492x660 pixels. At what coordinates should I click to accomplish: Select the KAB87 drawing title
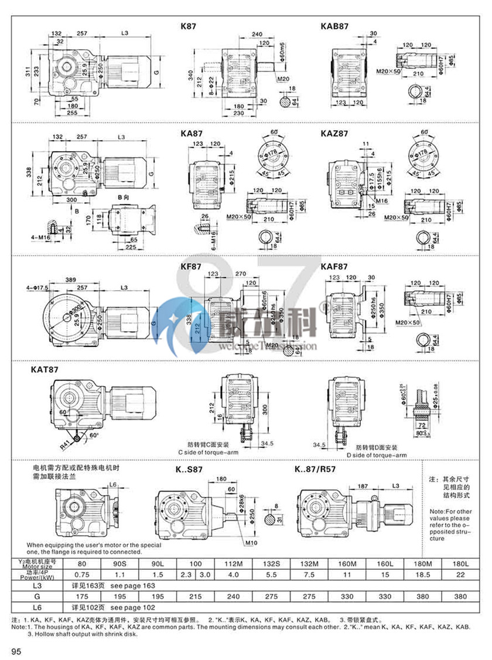click(334, 26)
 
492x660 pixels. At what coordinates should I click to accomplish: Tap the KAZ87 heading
click(334, 134)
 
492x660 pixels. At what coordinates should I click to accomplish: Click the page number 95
click(16, 651)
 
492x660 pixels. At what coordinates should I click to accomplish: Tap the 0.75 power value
click(81, 575)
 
